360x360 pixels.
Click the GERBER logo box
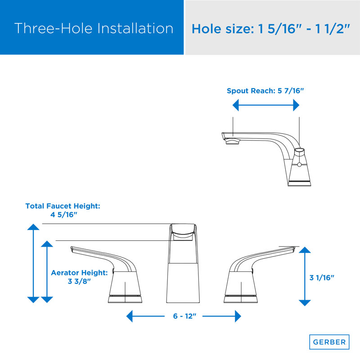pyautogui.click(x=329, y=342)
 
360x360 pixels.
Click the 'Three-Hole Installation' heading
pyautogui.click(x=94, y=28)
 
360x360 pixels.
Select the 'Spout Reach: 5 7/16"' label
pyautogui.click(x=265, y=91)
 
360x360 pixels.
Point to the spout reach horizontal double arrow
pyautogui.click(x=265, y=105)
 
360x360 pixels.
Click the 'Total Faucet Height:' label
pyautogui.click(x=63, y=206)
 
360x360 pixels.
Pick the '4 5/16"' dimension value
pyautogui.click(x=63, y=215)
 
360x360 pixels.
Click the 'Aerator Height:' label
pyautogui.click(x=79, y=272)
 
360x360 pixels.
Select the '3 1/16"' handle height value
pyautogui.click(x=322, y=278)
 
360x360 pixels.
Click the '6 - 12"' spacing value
pyautogui.click(x=185, y=316)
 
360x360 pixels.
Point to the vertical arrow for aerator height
pyautogui.click(x=47, y=271)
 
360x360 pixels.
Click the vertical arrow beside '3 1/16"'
pyautogui.click(x=305, y=276)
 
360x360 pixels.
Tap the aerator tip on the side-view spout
pyautogui.click(x=232, y=143)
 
